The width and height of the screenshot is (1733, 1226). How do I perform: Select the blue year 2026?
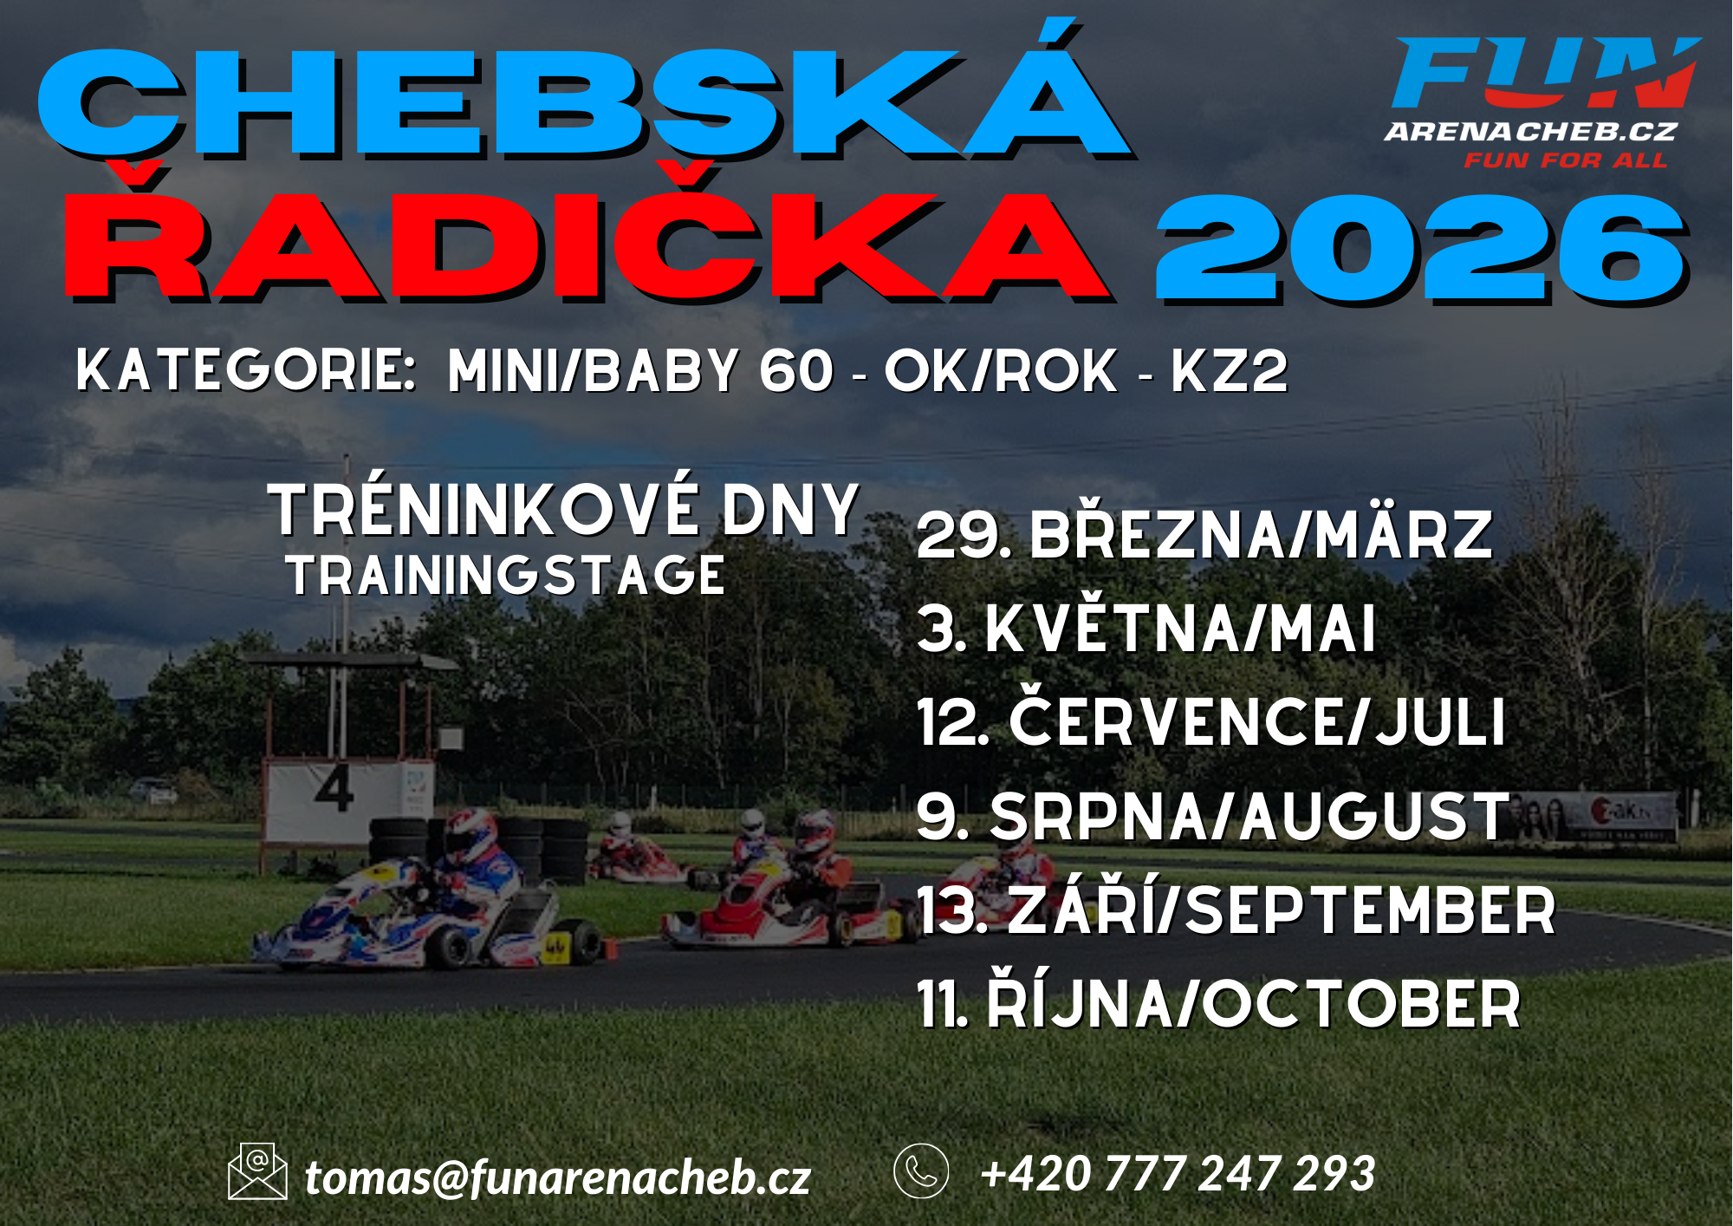click(1421, 250)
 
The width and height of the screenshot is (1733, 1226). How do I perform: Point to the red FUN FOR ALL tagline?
click(1565, 160)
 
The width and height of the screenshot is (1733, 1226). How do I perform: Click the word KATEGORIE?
click(246, 371)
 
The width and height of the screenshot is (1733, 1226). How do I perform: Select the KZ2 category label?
click(1230, 371)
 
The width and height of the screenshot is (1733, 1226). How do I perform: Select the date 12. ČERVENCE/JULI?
click(1211, 721)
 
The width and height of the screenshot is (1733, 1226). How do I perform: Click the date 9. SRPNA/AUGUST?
click(1213, 816)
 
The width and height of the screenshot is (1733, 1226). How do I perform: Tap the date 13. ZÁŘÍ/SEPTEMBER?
click(1236, 910)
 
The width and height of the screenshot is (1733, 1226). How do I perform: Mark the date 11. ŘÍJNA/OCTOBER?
click(1219, 1002)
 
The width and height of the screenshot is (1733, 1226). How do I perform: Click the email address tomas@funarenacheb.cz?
click(557, 1177)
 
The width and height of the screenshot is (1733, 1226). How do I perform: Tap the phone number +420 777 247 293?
click(1178, 1174)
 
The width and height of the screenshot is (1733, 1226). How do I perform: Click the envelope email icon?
click(257, 1171)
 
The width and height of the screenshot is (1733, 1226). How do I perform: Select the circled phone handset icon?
click(921, 1171)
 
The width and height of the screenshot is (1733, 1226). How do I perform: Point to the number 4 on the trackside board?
click(334, 788)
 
